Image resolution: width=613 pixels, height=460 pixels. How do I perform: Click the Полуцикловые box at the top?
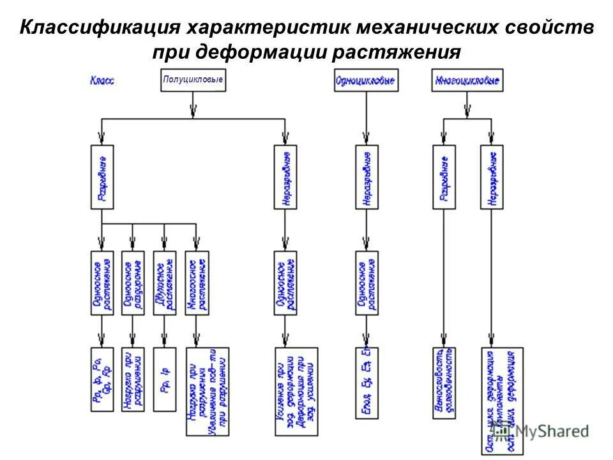(x=192, y=80)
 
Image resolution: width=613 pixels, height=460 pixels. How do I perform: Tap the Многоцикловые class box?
(x=467, y=80)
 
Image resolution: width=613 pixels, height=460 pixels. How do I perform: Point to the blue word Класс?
(x=103, y=81)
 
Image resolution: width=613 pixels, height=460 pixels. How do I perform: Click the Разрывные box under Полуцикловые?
(x=102, y=177)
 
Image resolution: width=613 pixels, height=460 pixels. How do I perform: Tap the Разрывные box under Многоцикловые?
(x=444, y=177)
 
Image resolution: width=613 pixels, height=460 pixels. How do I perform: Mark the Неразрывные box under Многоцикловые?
(x=492, y=177)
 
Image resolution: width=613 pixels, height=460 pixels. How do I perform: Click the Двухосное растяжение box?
(x=164, y=282)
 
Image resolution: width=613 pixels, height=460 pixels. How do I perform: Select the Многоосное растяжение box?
(x=197, y=282)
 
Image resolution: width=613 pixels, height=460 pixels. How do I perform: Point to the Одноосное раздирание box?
(x=132, y=282)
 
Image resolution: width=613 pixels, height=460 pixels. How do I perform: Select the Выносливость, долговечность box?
(x=444, y=382)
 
